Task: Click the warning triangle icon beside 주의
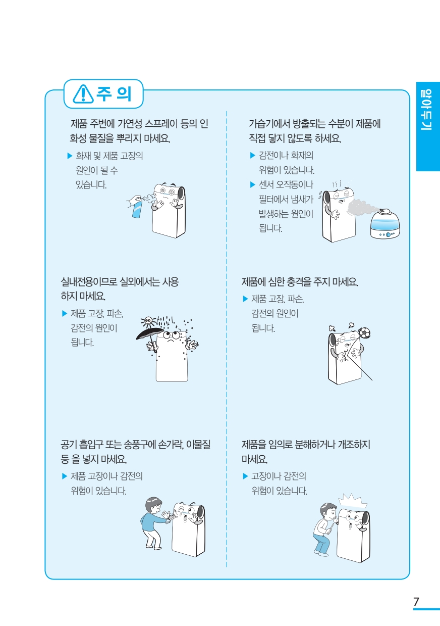[x=83, y=94]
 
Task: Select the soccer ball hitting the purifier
[x=364, y=333]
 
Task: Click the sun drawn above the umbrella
[x=148, y=320]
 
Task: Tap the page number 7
[x=416, y=602]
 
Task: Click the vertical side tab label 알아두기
[x=426, y=110]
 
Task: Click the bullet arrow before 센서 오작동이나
[x=253, y=184]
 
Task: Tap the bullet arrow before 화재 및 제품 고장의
[x=70, y=156]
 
